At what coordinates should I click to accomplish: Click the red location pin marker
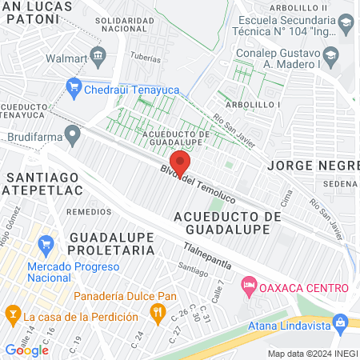[x=182, y=163]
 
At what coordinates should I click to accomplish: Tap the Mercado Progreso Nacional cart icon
[x=46, y=242]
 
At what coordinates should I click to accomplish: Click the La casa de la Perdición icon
[x=12, y=311]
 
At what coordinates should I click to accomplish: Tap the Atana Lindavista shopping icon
[x=340, y=322]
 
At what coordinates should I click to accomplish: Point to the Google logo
[x=26, y=350]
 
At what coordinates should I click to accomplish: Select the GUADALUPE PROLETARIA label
[x=111, y=244]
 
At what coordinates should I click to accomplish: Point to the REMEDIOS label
[x=89, y=211]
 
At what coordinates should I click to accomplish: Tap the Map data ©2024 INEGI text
[x=311, y=353]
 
